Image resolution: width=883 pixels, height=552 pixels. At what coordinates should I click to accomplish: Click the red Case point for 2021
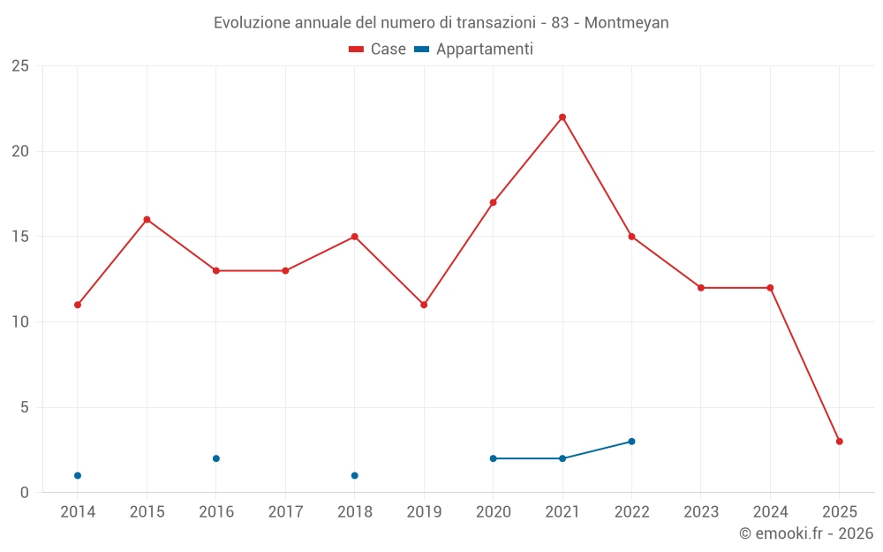[x=562, y=117]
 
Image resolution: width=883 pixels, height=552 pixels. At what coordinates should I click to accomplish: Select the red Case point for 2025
[x=840, y=442]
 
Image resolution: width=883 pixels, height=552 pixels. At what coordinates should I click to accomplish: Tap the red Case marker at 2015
[x=147, y=220]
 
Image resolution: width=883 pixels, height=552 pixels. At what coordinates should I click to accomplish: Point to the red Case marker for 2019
[x=424, y=305]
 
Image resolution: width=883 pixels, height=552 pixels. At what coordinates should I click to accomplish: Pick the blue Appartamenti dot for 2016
[x=216, y=458]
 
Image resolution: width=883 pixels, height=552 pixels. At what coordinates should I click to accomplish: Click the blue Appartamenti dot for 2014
[x=78, y=476]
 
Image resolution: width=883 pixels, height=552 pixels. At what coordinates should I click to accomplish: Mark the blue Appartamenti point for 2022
[x=631, y=442]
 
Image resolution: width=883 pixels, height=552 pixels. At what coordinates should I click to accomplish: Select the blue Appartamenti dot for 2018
[x=355, y=476]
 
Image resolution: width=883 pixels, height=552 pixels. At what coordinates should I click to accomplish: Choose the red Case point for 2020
[x=494, y=202]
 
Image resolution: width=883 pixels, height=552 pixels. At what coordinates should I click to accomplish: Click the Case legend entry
[x=378, y=49]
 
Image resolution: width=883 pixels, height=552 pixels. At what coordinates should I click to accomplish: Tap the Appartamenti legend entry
[x=475, y=49]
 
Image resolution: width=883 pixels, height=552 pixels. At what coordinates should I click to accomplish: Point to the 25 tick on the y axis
[x=20, y=66]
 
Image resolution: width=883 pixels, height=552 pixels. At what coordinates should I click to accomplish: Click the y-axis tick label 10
[x=20, y=322]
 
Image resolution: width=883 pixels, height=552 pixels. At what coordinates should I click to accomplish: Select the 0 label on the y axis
[x=24, y=493]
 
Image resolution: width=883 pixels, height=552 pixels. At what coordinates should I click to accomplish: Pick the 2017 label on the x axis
[x=285, y=512]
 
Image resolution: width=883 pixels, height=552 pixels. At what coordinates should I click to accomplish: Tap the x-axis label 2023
[x=701, y=512]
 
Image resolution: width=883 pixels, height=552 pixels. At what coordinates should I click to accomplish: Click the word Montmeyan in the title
[x=626, y=23]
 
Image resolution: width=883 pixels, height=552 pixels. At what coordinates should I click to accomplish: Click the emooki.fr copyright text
[x=806, y=533]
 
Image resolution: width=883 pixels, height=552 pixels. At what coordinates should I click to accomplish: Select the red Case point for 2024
[x=770, y=288]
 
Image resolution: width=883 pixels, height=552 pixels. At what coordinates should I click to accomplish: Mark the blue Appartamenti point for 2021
[x=562, y=458]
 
